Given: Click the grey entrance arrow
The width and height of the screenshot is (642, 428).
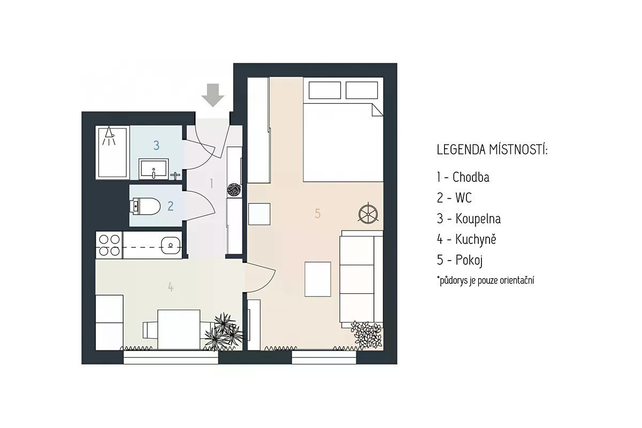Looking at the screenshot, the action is (x=213, y=95).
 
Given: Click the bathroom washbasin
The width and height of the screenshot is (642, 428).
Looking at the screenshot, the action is (x=154, y=169).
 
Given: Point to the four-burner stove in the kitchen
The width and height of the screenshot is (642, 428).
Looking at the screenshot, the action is (x=109, y=246).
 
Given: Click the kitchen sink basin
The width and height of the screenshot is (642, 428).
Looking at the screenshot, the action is (x=171, y=246).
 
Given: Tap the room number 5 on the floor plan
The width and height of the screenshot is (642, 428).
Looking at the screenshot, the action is (x=318, y=213).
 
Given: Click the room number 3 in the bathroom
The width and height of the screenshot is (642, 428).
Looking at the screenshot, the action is (x=156, y=146).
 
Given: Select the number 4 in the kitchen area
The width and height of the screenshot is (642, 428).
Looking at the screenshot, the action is (x=171, y=287).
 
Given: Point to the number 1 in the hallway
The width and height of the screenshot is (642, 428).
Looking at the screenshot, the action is (x=211, y=184).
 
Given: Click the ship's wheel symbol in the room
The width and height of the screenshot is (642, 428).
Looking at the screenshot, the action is (x=368, y=213).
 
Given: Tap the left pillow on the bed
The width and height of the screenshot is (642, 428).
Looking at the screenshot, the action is (x=325, y=90).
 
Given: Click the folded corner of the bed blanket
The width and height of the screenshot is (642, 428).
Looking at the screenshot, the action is (x=378, y=110).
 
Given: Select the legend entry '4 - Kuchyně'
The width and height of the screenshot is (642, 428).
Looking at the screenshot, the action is (x=467, y=239).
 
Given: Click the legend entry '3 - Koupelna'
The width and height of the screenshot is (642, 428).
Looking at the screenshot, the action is (x=469, y=219).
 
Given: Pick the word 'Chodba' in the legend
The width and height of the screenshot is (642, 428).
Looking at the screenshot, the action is (x=471, y=177).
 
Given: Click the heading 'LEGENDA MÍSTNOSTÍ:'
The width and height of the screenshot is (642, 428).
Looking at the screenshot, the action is (x=492, y=150).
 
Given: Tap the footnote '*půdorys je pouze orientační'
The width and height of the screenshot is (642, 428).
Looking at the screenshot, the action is (x=486, y=280).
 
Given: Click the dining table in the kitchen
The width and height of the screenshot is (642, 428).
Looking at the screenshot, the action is (x=179, y=330).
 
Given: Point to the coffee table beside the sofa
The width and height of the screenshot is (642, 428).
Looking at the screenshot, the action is (x=318, y=279).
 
